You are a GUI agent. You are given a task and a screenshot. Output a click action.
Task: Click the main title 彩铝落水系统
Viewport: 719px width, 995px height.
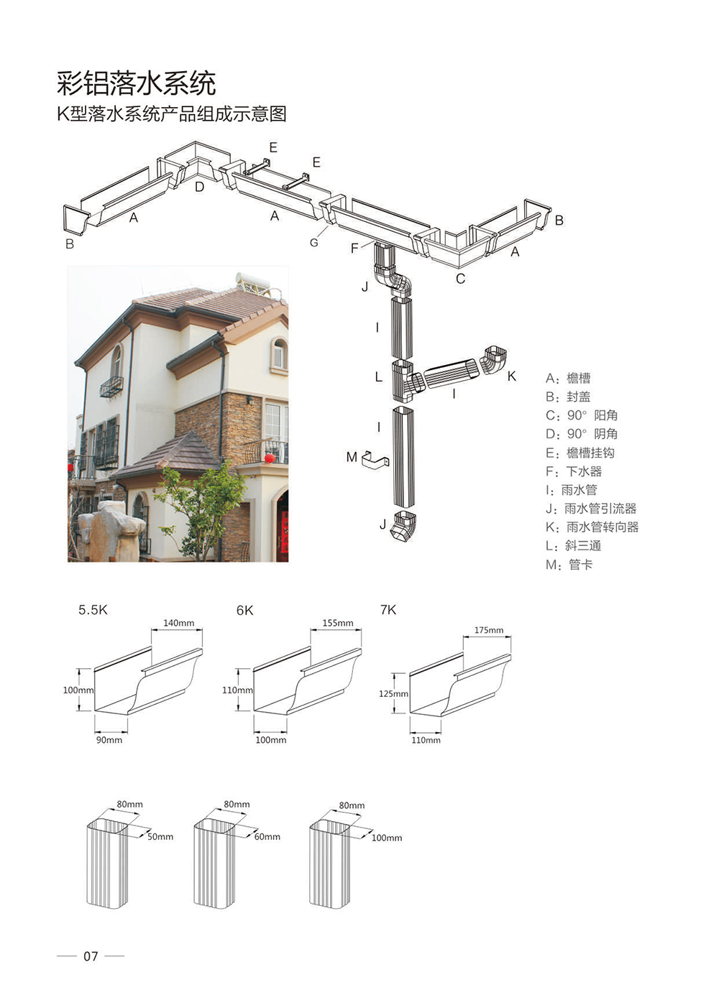click(x=136, y=83)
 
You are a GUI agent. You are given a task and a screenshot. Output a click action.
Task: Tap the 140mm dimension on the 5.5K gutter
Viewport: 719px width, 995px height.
click(x=179, y=623)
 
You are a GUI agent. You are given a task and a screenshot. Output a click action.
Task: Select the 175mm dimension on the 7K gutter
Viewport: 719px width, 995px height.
click(x=489, y=630)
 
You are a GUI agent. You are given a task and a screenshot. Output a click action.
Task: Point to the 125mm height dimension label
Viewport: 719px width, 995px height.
click(x=393, y=693)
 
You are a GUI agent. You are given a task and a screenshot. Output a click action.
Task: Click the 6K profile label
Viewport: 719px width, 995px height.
click(x=245, y=611)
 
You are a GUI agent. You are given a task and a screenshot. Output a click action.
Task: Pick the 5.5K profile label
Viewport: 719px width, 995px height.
click(x=93, y=610)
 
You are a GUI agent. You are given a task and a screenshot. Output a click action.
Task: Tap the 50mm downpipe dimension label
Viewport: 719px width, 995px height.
click(x=160, y=837)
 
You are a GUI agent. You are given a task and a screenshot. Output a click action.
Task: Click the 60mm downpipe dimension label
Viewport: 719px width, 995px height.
click(x=267, y=837)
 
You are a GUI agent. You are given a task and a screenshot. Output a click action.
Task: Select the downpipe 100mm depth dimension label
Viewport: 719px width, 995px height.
click(x=387, y=838)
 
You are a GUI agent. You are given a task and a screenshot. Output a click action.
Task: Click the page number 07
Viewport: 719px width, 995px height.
click(x=91, y=956)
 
